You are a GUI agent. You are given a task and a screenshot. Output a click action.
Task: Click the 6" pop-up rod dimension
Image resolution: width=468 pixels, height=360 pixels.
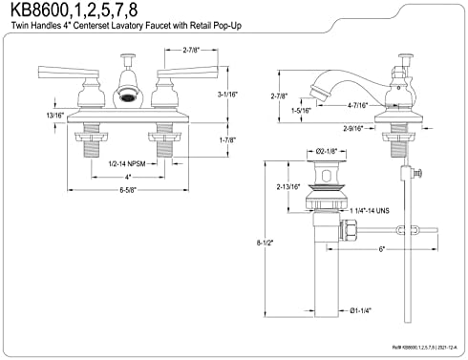pyautogui.click(x=380, y=250)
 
